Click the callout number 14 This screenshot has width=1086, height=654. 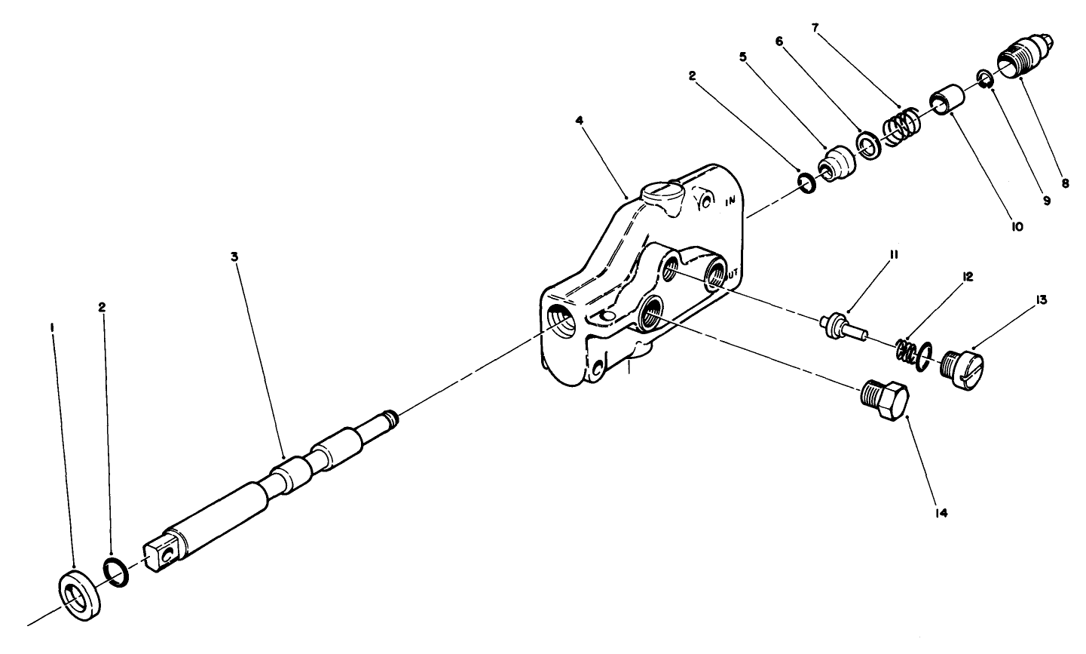pos(942,513)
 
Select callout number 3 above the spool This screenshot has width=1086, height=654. pos(234,256)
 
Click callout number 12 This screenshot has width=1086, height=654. pos(968,278)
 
